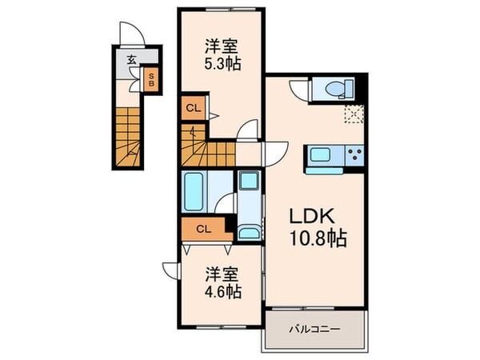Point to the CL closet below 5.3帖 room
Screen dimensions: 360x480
(191, 107)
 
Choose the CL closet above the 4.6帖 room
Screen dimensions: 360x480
(203, 230)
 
